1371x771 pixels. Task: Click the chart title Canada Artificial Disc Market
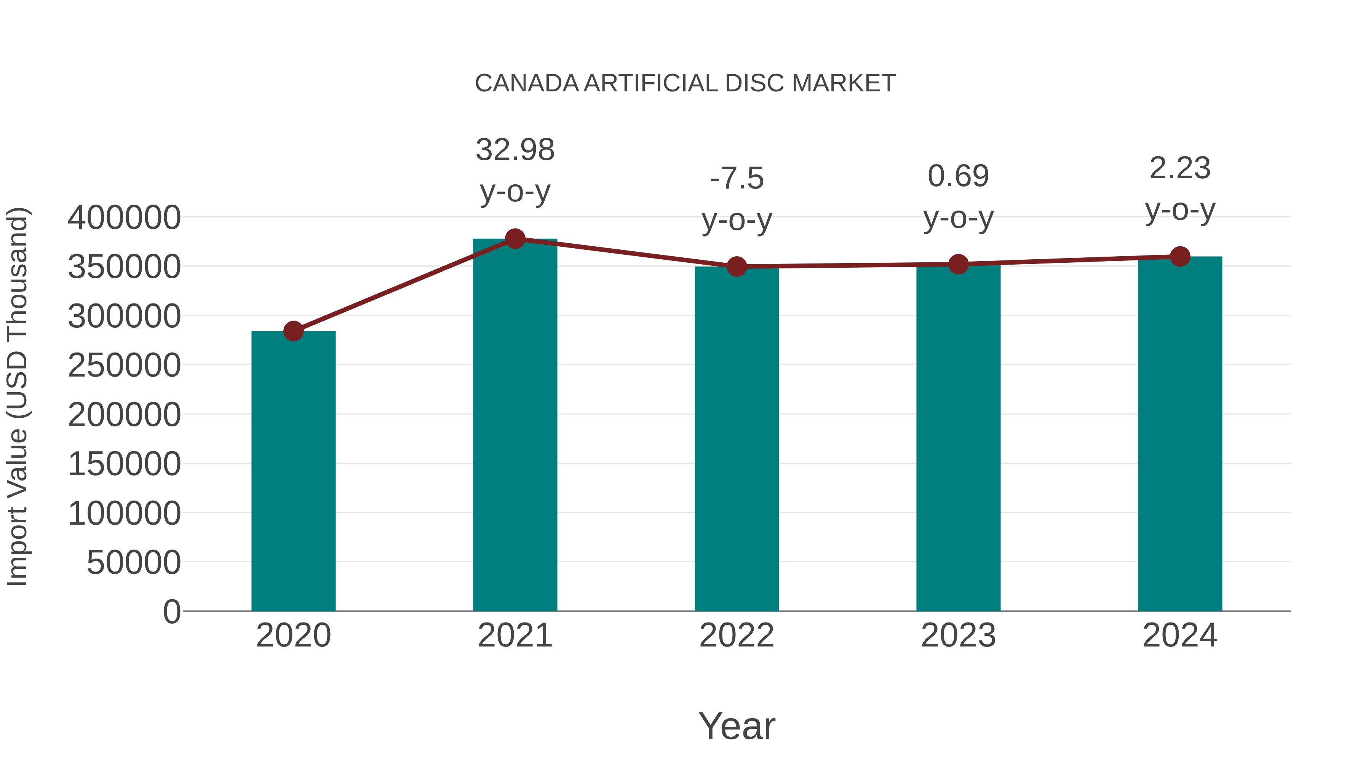(x=685, y=83)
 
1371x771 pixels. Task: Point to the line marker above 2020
(x=293, y=331)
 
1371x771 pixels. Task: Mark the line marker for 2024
(x=1180, y=257)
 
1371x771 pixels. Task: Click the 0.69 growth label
(x=958, y=176)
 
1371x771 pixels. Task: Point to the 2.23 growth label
(x=1180, y=169)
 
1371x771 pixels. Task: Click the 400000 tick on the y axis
(x=124, y=218)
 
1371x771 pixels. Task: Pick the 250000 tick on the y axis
(x=124, y=366)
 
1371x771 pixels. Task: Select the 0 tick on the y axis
(x=172, y=611)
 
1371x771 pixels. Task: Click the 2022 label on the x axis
(x=737, y=635)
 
